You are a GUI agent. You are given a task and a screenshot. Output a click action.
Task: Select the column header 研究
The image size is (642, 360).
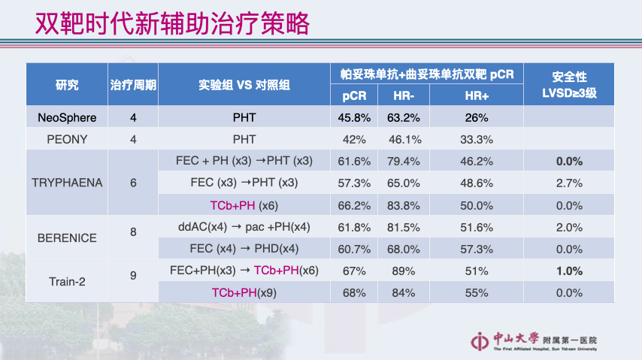(x=67, y=85)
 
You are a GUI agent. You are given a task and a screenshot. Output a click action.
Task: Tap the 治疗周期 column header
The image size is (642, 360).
(x=133, y=85)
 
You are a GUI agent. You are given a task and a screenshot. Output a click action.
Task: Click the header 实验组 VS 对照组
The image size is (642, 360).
(x=244, y=85)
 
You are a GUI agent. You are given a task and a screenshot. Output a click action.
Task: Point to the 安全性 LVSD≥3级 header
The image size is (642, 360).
(x=569, y=85)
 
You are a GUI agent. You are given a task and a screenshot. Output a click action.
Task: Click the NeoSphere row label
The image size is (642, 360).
(x=67, y=118)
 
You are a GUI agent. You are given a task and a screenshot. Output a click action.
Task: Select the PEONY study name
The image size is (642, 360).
(x=67, y=140)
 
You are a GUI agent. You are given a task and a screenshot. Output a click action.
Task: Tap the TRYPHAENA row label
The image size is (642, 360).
(x=67, y=183)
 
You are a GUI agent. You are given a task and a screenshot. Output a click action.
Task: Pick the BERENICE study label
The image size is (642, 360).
(x=67, y=237)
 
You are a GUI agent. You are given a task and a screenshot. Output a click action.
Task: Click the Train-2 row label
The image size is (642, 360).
(x=67, y=281)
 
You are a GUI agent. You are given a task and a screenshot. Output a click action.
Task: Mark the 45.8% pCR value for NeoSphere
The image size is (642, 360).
(x=354, y=118)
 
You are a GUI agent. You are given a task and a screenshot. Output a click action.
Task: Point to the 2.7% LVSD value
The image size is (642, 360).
(x=569, y=183)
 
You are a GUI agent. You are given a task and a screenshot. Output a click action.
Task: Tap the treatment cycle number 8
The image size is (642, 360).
(x=133, y=232)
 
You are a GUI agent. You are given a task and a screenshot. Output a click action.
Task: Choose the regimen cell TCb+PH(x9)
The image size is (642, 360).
(x=244, y=292)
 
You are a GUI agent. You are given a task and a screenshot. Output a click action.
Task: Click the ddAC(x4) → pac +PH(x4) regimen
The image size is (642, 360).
(x=244, y=227)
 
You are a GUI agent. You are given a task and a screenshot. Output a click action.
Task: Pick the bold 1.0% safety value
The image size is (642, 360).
(x=569, y=271)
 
